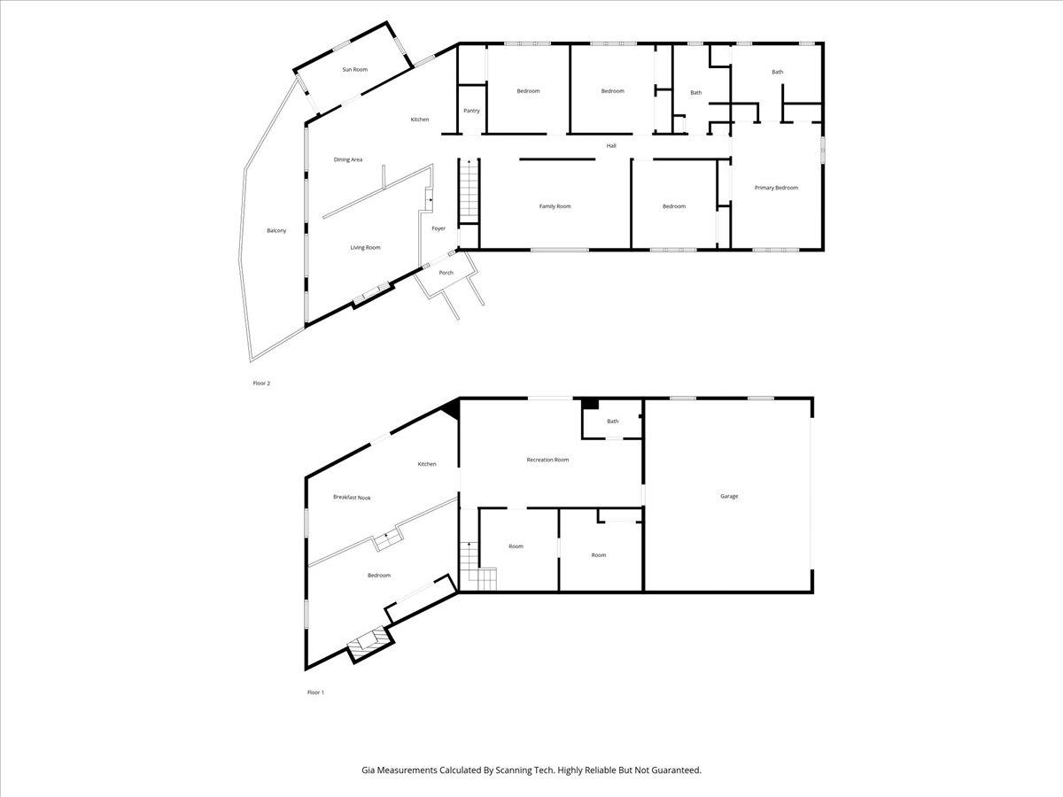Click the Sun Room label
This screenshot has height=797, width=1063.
(354, 69)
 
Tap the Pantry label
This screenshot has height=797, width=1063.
(471, 111)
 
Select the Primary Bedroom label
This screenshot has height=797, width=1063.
(776, 188)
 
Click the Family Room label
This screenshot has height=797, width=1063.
(555, 206)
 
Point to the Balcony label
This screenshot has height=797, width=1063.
(276, 230)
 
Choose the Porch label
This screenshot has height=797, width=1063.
(446, 273)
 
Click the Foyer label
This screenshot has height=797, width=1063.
(438, 228)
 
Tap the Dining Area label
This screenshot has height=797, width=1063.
(347, 159)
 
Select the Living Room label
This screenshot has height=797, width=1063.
(365, 247)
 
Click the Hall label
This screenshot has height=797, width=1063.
(611, 145)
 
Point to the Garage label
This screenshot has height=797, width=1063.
(729, 496)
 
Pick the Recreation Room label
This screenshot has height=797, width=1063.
(547, 460)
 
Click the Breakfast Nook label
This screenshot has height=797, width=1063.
(352, 498)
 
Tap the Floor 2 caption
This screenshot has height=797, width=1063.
(261, 383)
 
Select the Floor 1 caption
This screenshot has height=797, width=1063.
(315, 692)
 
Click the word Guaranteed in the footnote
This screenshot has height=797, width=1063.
(672, 770)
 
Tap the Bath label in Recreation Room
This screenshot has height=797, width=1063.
(613, 422)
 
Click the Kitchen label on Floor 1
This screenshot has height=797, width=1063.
(427, 464)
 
